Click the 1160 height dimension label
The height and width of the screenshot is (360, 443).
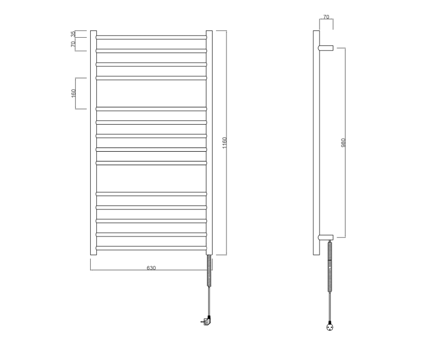pos(224,142)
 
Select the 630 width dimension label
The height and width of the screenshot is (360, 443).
pos(151,268)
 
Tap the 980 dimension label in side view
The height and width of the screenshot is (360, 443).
pos(343,142)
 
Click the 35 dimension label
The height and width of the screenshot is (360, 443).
pos(73,34)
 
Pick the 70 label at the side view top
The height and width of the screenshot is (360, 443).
pos(326,17)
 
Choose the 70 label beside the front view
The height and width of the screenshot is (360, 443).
pos(73,44)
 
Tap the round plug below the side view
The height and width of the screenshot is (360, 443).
pos(331,327)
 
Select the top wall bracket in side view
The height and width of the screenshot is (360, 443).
pos(326,48)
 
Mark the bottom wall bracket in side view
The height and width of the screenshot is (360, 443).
pos(326,237)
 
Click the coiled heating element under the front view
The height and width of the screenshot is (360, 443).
pos(209,270)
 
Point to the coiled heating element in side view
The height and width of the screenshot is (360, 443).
pos(331,264)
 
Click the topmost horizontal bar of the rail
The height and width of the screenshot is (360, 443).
pos(151,37)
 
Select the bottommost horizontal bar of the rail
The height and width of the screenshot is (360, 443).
pos(151,248)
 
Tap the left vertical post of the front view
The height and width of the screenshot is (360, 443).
pos(94,142)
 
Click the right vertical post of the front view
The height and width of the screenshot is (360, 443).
pos(209,142)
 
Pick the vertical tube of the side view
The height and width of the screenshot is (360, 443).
pos(316,142)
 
